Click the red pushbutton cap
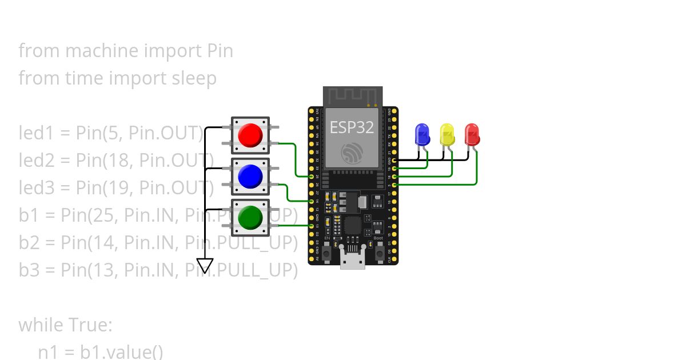coord(250,135)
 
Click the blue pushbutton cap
coord(250,177)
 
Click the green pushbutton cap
coord(250,217)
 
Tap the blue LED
coord(422,134)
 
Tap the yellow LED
coord(447,134)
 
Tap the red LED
coord(472,134)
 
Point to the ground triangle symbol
coord(205,266)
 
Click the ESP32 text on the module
coord(352,127)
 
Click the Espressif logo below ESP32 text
coord(352,153)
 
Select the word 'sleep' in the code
coord(194,78)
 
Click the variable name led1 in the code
coord(36,133)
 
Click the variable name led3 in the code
coord(36,187)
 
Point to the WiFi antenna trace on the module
coord(352,96)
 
